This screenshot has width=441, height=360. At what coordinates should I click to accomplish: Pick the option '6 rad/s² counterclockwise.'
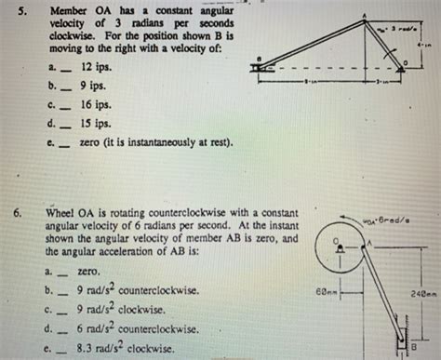tap(138, 328)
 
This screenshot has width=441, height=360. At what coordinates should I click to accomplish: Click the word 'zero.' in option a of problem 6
tap(89, 271)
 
